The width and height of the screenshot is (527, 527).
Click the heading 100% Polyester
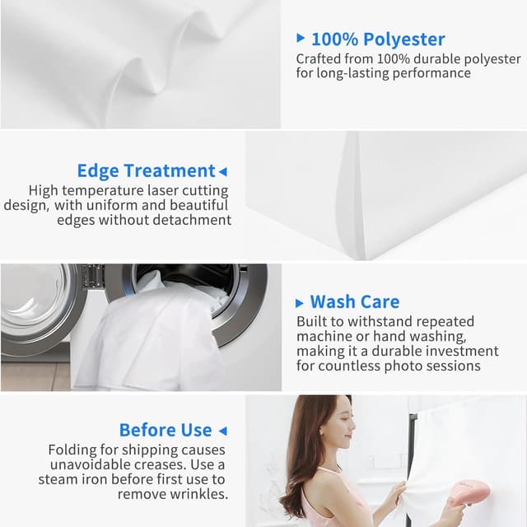coord(378,39)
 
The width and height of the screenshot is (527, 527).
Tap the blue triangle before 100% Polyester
coord(301,38)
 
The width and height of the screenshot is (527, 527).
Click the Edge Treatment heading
coord(147,170)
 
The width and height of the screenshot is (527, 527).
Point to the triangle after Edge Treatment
coord(223,172)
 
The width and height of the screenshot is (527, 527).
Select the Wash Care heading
coord(355,301)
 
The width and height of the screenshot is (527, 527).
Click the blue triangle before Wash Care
coord(299,303)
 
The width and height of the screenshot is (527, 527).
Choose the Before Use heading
coord(166,430)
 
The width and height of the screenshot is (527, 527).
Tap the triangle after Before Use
coord(222,431)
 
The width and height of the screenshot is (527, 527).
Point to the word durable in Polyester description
coord(437,59)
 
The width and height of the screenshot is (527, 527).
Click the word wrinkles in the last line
coord(199,494)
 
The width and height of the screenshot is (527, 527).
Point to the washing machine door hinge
coord(89,275)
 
